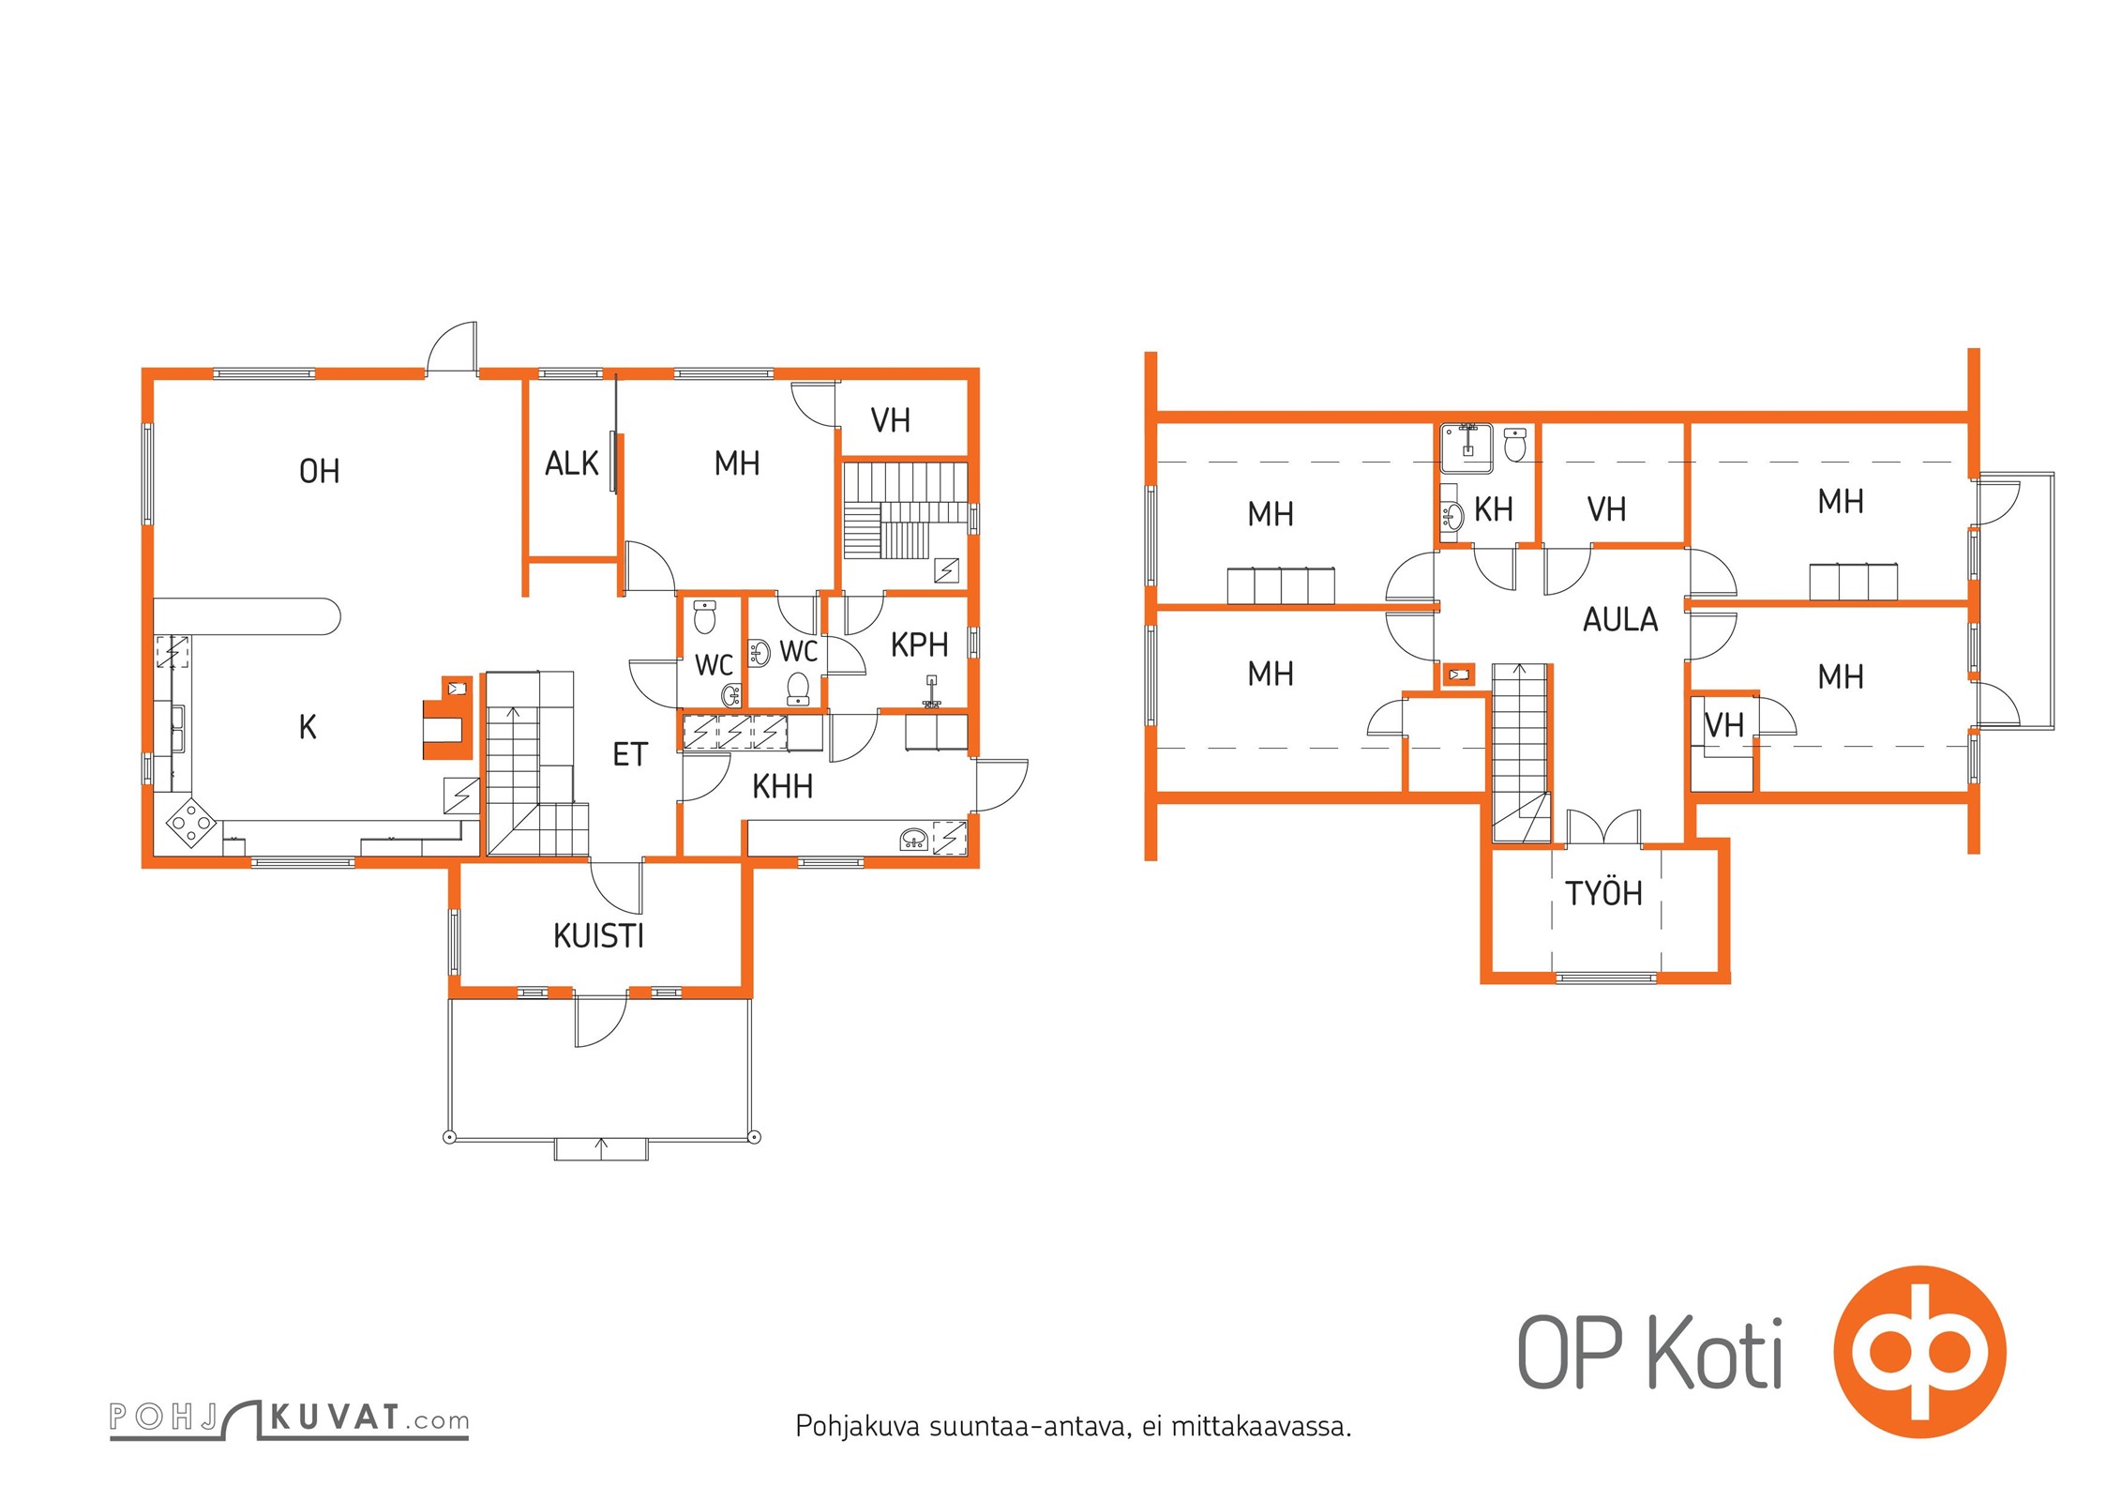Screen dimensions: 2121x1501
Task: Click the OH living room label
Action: tap(319, 471)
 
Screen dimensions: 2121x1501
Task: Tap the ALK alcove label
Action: tap(571, 463)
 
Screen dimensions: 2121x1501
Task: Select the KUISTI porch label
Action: tap(598, 936)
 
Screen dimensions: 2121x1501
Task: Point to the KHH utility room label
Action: tap(782, 786)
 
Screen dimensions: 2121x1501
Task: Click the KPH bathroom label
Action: tap(919, 644)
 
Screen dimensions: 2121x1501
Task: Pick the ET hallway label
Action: tap(630, 754)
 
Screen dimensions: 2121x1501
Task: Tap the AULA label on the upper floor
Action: tap(1620, 620)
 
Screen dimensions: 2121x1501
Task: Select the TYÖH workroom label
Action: tap(1603, 893)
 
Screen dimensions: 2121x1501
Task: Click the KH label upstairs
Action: tap(1494, 509)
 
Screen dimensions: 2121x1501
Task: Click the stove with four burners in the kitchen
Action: tap(190, 823)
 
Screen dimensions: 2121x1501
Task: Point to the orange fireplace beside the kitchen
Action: tap(448, 718)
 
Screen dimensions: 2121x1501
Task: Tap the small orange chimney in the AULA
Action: tap(1458, 675)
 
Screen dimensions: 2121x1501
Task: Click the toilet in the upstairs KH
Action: tap(1514, 444)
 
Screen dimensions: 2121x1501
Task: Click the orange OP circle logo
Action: tap(1919, 1352)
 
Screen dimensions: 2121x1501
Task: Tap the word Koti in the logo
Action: tap(1715, 1354)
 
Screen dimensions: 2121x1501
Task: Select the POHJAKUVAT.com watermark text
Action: tap(289, 1418)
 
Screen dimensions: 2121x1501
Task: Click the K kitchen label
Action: tap(308, 727)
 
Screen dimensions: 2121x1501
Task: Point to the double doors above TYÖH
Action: tap(1603, 827)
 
